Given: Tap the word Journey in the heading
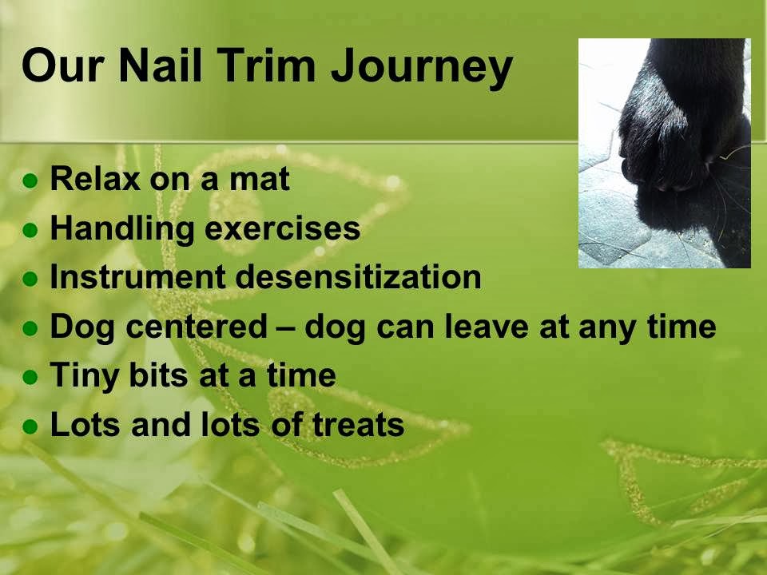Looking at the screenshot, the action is click(x=422, y=69).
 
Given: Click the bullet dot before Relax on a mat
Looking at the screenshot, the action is click(x=30, y=180).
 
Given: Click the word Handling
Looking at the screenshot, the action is click(x=122, y=229).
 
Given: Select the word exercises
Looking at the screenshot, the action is click(x=283, y=229).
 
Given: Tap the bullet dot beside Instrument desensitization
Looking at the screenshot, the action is click(x=30, y=279).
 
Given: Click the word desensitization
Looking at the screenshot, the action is click(x=359, y=276).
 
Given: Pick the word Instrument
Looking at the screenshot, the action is click(x=138, y=276).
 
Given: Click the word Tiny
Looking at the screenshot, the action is click(x=85, y=376).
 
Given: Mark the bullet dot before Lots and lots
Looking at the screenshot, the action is click(x=30, y=426).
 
